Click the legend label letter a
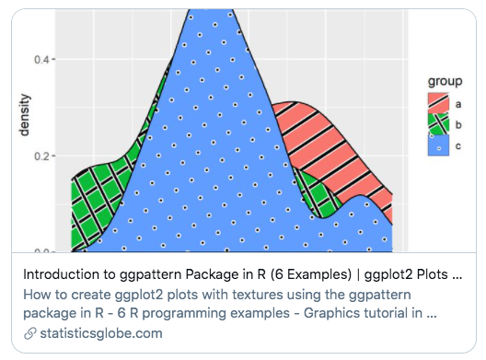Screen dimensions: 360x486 click(x=458, y=103)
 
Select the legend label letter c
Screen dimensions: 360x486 click(x=458, y=145)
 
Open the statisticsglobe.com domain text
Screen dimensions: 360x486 click(x=98, y=332)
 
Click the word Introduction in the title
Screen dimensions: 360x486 click(x=61, y=274)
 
